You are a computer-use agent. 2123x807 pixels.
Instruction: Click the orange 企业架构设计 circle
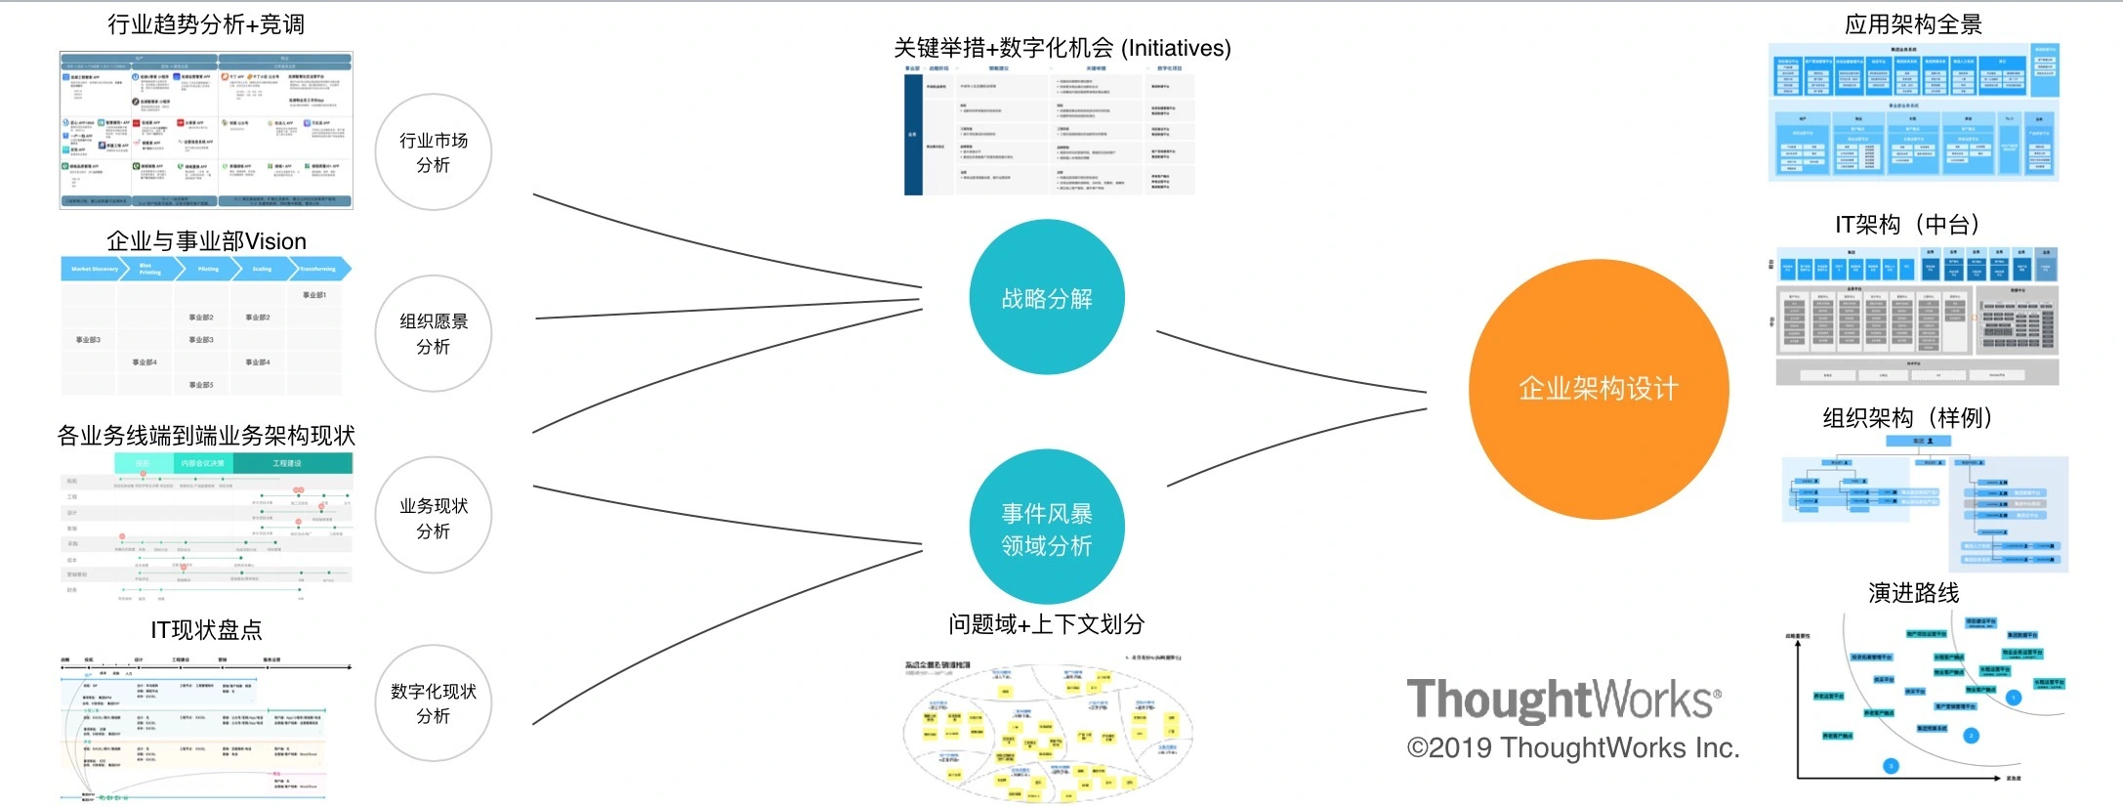[1599, 389]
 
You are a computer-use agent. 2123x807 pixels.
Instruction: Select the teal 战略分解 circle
[1047, 297]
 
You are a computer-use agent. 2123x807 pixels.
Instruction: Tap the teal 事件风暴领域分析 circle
[1047, 528]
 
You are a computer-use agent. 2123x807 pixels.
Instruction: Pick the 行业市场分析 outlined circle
[434, 152]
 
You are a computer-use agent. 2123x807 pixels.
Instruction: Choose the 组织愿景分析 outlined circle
[434, 334]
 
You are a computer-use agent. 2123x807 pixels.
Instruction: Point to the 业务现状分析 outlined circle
[434, 518]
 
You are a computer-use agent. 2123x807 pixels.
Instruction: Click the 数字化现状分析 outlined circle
[434, 703]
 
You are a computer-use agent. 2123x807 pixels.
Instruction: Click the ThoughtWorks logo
[1563, 700]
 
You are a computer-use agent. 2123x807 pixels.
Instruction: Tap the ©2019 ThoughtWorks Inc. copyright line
[1573, 748]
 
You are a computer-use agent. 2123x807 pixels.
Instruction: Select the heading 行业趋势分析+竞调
[206, 24]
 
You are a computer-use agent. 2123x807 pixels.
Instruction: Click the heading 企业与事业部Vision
[206, 241]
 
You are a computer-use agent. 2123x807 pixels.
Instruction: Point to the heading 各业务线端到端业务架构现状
[206, 436]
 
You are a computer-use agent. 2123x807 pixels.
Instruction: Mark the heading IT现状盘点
[206, 630]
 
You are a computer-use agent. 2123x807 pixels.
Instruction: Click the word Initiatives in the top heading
[1175, 48]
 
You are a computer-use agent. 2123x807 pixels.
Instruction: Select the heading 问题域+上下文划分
[1046, 624]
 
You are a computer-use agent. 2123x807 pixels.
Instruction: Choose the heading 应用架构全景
[1913, 24]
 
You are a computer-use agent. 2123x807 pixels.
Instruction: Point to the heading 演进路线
[1913, 593]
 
